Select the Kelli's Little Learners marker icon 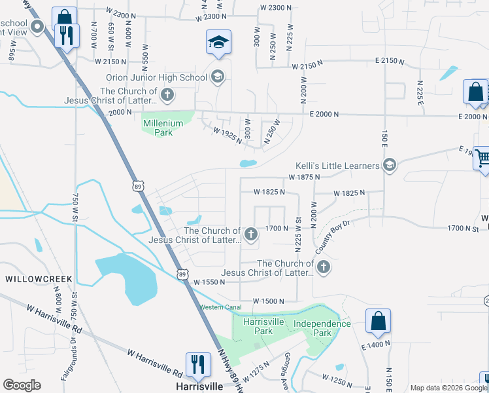click(390, 164)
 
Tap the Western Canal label click(221, 307)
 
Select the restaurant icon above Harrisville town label click(198, 365)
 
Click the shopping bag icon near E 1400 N click(378, 321)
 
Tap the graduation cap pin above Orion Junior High click(218, 43)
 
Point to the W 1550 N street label click(209, 282)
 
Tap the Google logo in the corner click(22, 385)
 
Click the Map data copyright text click(448, 388)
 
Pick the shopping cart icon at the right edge click(482, 159)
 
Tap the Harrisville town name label click(199, 386)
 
